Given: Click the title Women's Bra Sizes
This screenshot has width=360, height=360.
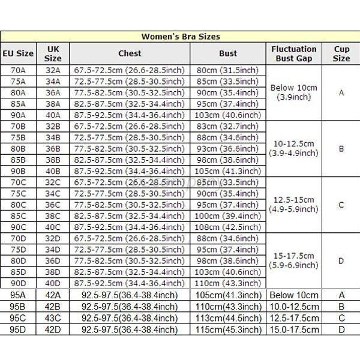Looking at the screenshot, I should tap(180, 36).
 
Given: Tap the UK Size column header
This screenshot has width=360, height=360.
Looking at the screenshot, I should tap(53, 53).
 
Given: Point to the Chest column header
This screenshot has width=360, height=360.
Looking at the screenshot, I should tap(130, 53).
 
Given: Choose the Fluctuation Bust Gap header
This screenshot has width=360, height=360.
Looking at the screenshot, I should tap(294, 53).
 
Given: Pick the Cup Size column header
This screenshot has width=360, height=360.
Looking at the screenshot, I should tap(341, 53).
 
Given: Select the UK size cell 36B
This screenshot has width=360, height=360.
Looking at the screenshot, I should tap(53, 149).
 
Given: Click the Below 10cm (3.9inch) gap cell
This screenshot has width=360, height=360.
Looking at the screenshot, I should tap(294, 92).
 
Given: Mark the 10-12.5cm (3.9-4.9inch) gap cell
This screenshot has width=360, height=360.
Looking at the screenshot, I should tap(294, 149).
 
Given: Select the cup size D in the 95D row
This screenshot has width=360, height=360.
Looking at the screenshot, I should tap(341, 329).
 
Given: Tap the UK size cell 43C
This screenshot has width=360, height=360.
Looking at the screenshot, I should tap(53, 318).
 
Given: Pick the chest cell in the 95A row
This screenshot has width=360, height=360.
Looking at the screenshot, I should tap(130, 295).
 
